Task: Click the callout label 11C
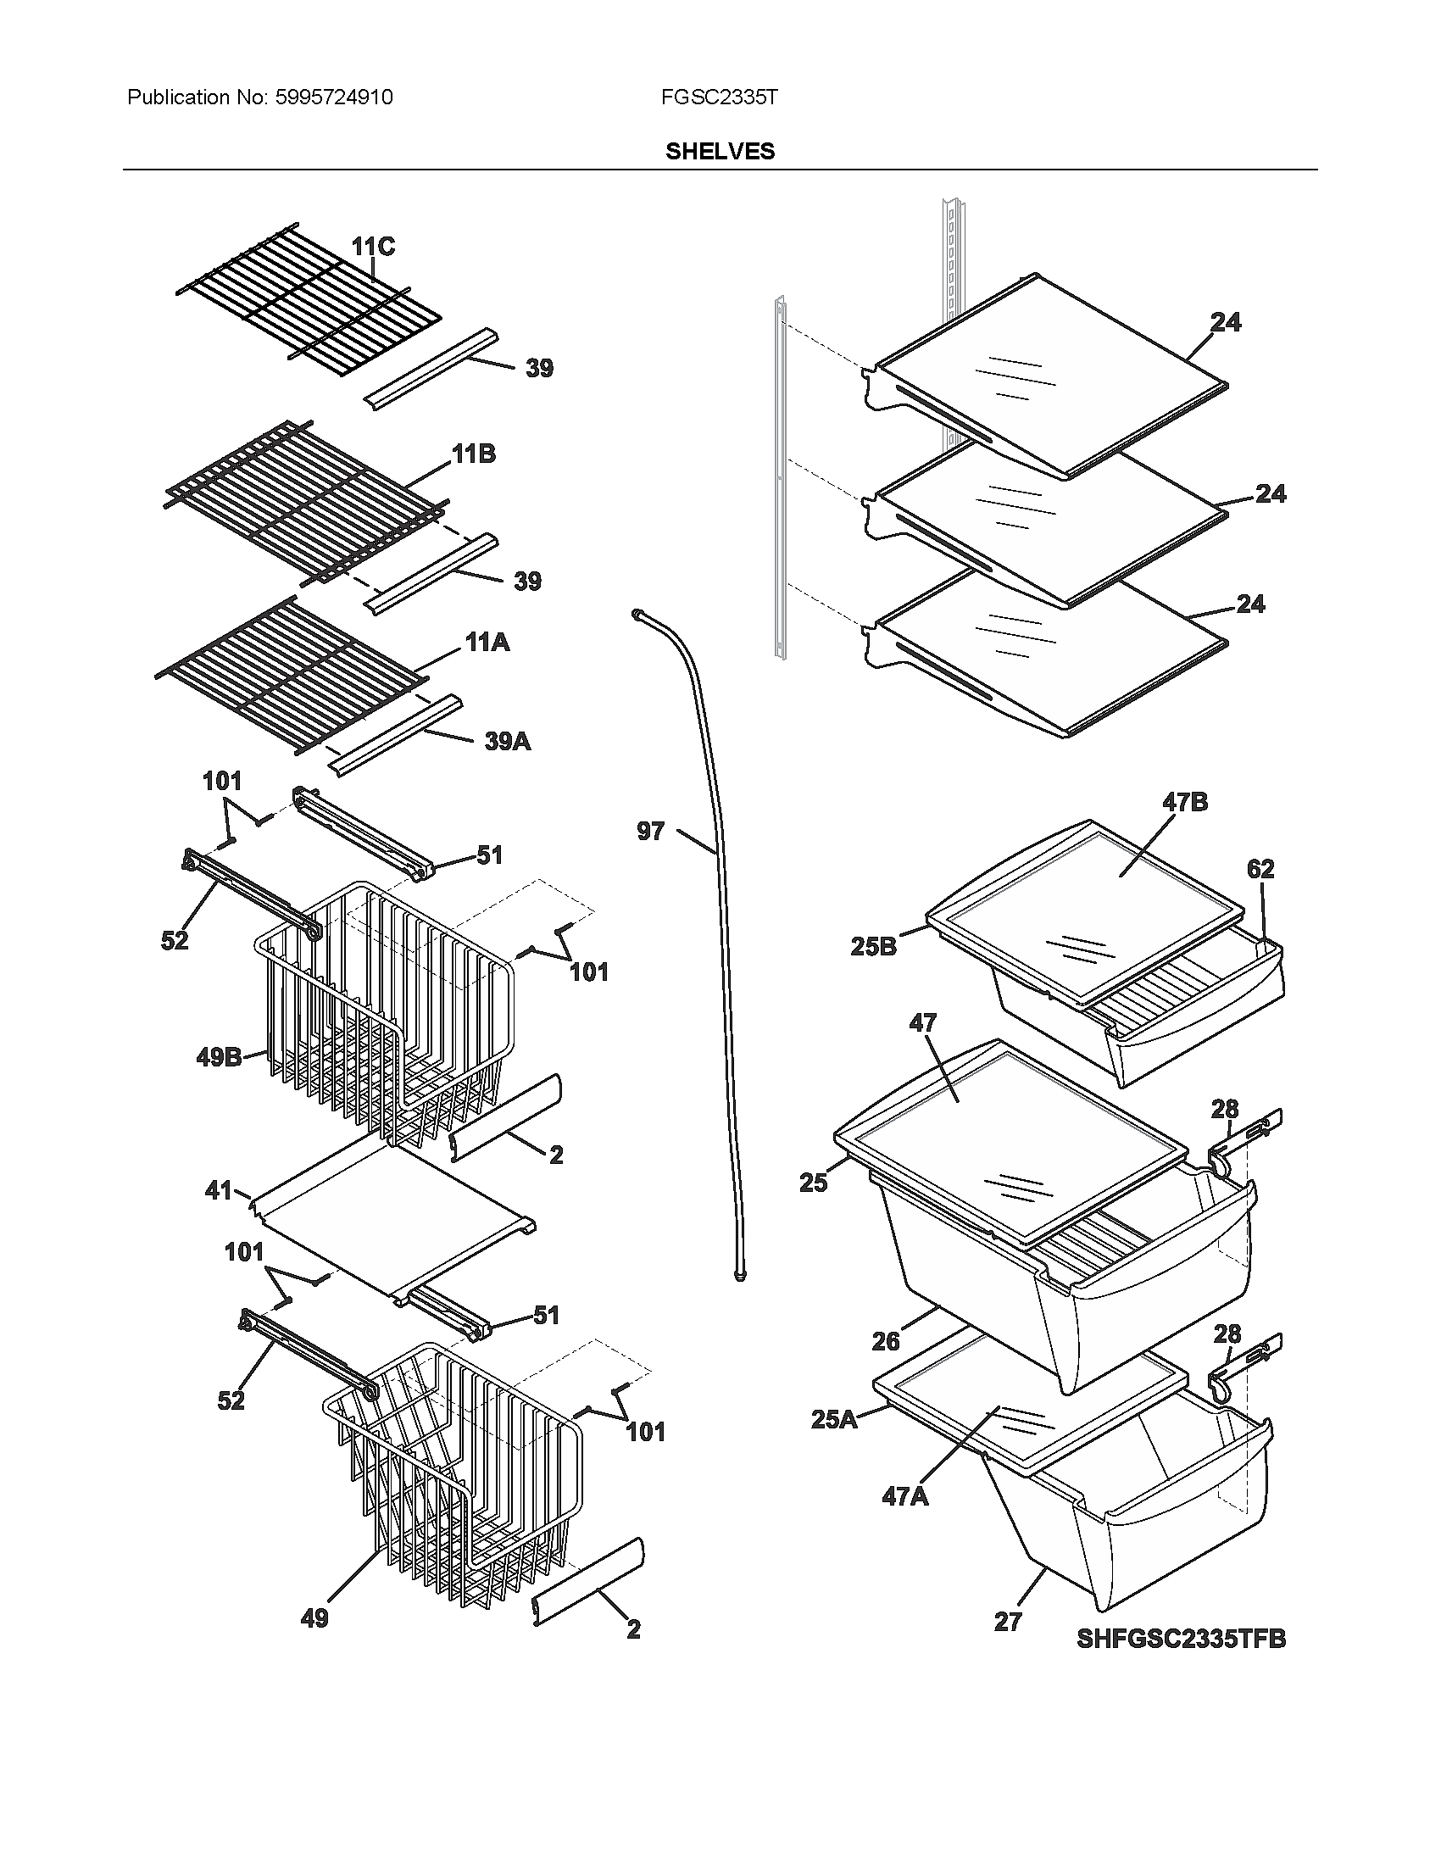pos(373,247)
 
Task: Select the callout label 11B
pos(474,454)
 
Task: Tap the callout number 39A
pos(507,741)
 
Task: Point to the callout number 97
pos(650,831)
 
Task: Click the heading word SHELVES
pos(720,151)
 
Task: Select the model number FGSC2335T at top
pos(719,97)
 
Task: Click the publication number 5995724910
pos(334,97)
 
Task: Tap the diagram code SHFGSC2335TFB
pos(1181,1640)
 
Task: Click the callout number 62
pos(1260,868)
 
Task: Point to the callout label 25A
pos(833,1421)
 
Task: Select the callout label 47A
pos(905,1496)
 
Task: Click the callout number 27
pos(1007,1622)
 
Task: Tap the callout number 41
pos(220,1189)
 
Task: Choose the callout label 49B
pos(219,1057)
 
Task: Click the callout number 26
pos(885,1342)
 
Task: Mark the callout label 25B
pos(873,946)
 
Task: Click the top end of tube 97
pos(637,612)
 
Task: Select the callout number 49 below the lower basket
pos(314,1617)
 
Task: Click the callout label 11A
pos(487,643)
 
